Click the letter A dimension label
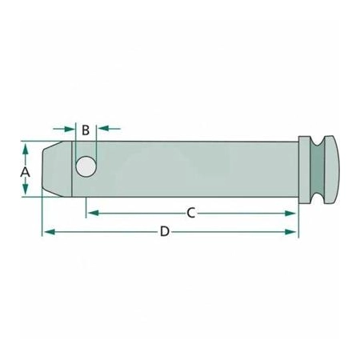tap(26, 172)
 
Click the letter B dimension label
tap(86, 130)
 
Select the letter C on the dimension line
tap(191, 213)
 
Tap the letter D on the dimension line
tap(165, 231)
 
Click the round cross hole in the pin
tap(86, 166)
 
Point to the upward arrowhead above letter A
tap(26, 149)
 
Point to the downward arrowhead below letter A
tap(26, 189)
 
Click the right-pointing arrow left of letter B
tap(63, 129)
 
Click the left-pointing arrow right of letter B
tap(110, 129)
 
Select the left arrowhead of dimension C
tap(94, 213)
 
